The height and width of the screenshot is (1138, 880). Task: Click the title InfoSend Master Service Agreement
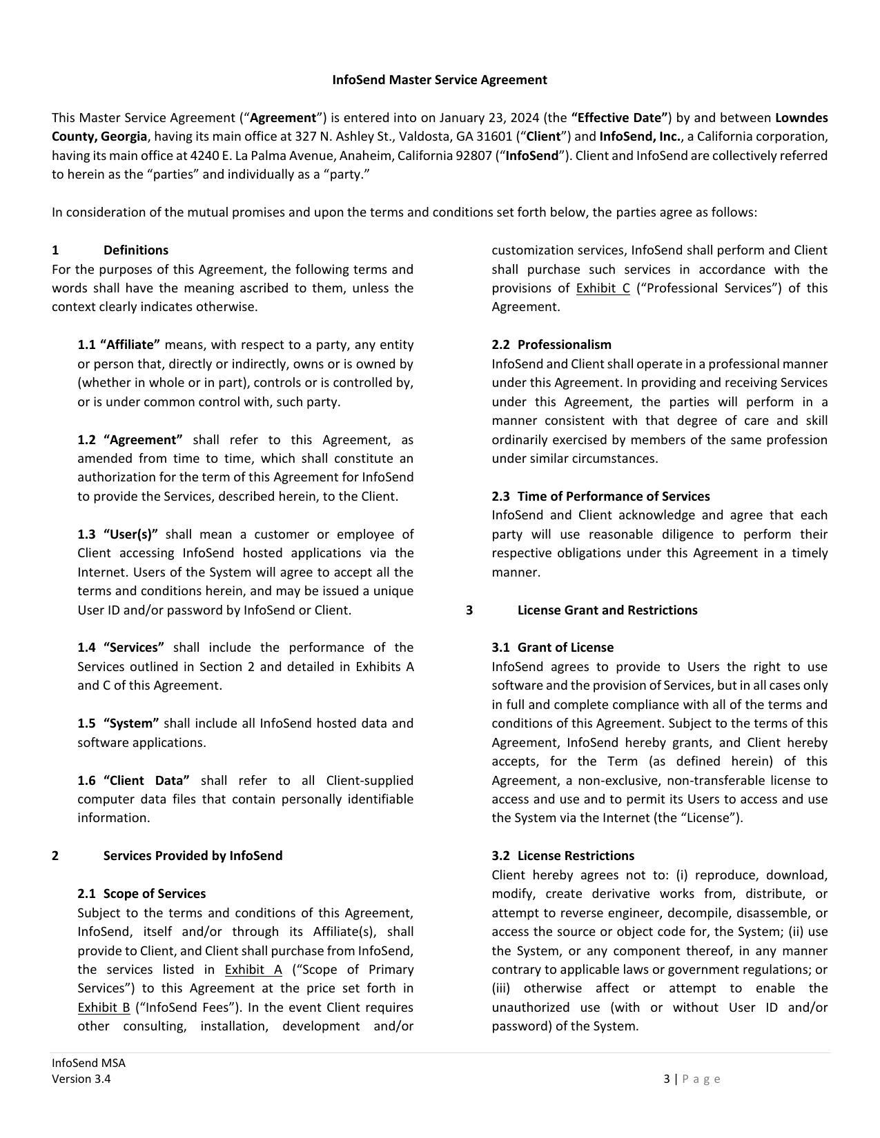pos(440,80)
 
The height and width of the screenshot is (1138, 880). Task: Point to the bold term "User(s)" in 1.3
pos(130,535)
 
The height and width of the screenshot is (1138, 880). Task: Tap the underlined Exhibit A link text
pos(253,970)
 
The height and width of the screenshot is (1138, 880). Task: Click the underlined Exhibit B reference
pos(104,1008)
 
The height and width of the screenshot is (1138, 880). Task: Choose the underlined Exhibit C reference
pos(603,288)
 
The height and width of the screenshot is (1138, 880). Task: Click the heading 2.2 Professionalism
pos(551,345)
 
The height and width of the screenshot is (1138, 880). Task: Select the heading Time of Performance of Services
pos(613,497)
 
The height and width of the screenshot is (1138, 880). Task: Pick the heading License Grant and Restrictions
pos(607,610)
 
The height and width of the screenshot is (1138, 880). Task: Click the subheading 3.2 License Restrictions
pos(563,856)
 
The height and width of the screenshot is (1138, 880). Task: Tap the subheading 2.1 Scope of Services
pos(141,894)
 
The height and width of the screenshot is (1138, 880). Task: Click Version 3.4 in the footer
pos(81,1079)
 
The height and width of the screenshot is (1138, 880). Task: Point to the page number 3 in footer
pos(667,1079)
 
